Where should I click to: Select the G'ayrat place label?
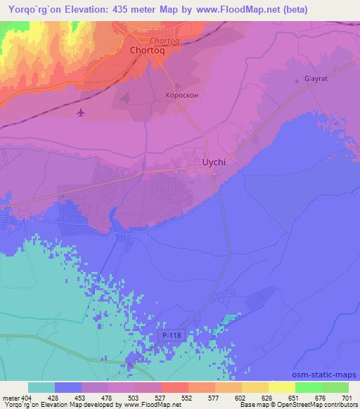[316, 79]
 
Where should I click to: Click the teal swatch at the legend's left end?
[41, 387]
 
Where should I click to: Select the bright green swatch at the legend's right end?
[335, 387]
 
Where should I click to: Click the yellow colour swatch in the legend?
[282, 387]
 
